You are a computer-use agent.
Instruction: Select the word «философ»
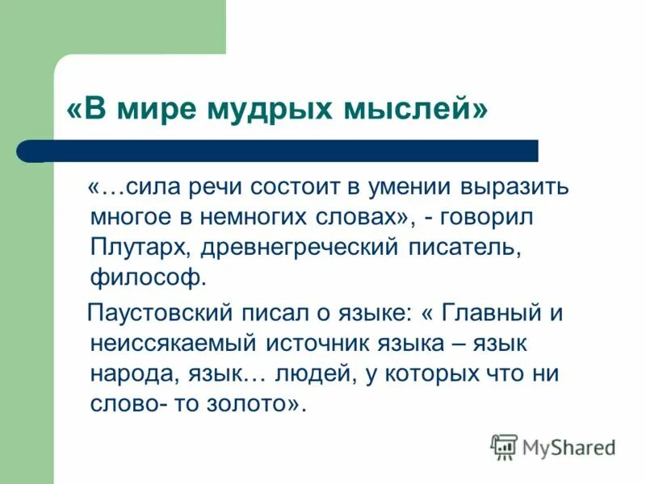(x=148, y=278)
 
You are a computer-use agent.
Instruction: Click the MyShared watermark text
(x=568, y=446)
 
